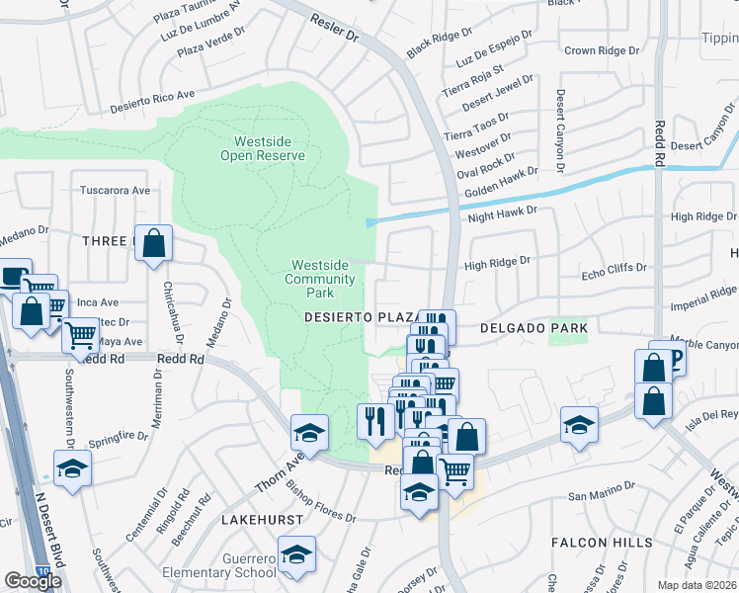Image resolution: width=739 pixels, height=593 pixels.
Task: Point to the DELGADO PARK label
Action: tap(534, 327)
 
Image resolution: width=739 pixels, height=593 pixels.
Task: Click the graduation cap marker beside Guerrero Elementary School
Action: tap(296, 553)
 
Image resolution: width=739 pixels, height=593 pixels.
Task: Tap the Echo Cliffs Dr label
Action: tap(614, 268)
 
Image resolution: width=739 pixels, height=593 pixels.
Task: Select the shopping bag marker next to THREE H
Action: tap(153, 244)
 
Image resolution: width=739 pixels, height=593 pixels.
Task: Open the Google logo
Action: tap(33, 581)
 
